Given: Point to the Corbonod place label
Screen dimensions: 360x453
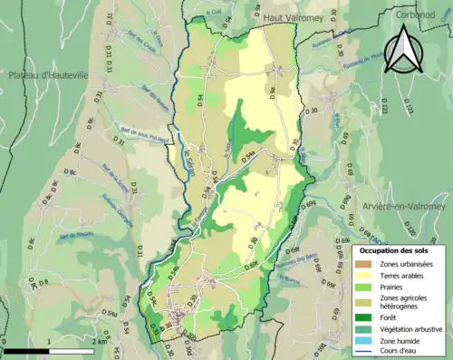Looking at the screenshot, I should (x=415, y=14).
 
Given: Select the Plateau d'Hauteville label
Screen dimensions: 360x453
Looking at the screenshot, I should (x=49, y=75).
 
